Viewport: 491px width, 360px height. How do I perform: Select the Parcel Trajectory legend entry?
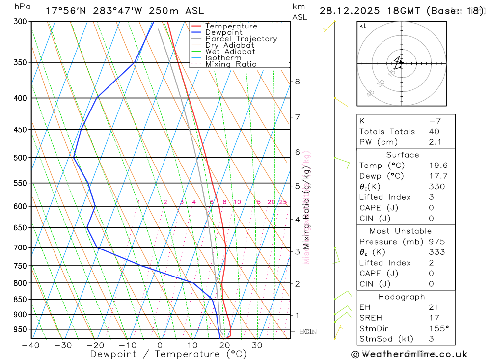tap(241, 39)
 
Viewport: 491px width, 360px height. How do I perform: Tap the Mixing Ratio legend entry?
tap(230, 64)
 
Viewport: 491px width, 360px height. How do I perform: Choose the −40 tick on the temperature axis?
tap(31, 345)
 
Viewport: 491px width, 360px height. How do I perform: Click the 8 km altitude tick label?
tap(298, 82)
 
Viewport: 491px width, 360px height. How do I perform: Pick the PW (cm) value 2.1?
tap(435, 142)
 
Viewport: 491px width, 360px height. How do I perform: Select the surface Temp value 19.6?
tap(438, 166)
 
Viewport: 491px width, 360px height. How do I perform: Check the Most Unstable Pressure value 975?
tap(436, 242)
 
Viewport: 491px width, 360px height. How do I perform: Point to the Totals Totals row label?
tap(387, 132)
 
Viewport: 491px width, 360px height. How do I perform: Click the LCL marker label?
tap(306, 332)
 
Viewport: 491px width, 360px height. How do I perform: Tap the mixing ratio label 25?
tap(283, 202)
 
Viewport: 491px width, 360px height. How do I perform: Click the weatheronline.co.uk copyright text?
tap(409, 354)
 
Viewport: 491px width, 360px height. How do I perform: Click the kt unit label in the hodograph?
tap(362, 26)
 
